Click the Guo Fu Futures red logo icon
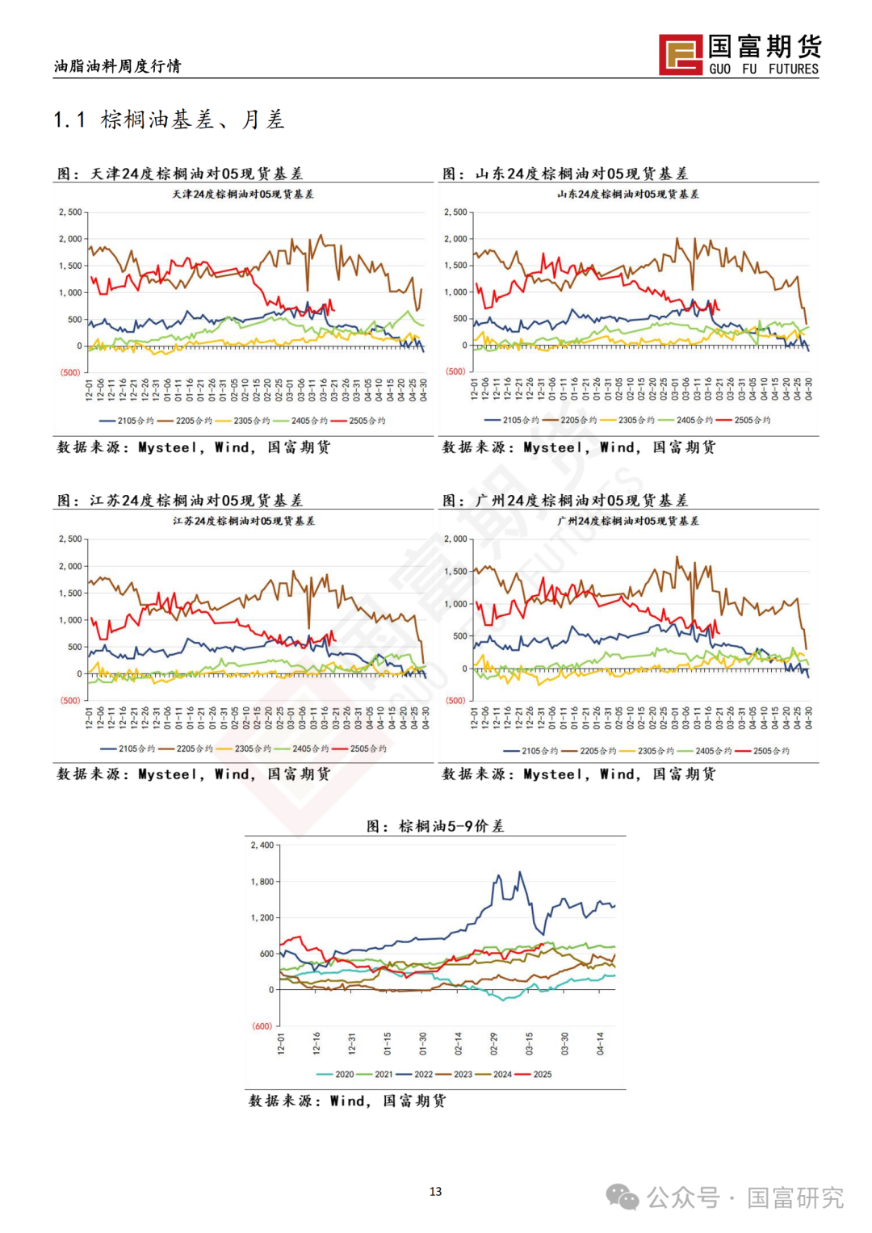[681, 55]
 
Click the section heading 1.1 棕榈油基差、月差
[169, 120]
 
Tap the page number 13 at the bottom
[436, 1191]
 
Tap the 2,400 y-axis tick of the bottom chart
[262, 845]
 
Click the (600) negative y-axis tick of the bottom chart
[262, 1026]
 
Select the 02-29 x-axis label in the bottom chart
[493, 1043]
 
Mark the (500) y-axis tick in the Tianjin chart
[70, 372]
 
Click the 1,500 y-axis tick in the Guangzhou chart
[456, 572]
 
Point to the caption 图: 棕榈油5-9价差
[435, 826]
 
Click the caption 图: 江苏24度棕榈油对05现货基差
[180, 501]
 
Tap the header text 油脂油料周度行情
[118, 66]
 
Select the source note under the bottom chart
[347, 1101]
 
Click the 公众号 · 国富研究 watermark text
[744, 1197]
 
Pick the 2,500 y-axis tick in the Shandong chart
[455, 212]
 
